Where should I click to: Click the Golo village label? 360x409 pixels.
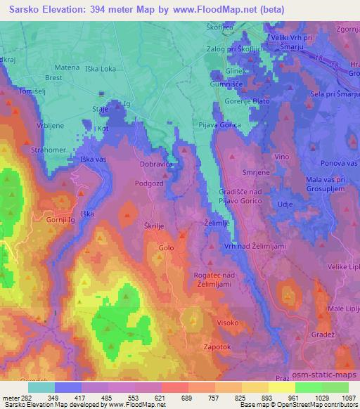[x=166, y=248]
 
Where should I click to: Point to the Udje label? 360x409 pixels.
[x=285, y=202]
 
